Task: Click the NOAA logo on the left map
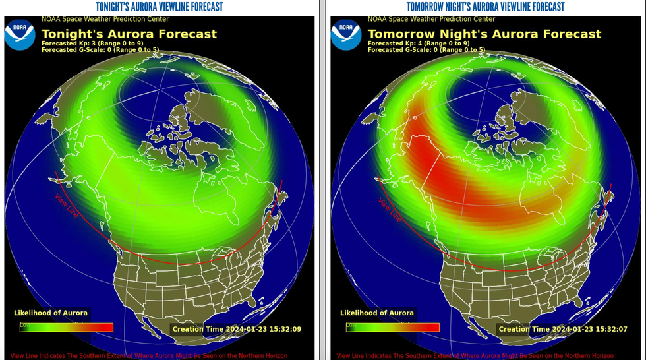tap(20, 34)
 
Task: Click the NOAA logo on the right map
tap(346, 34)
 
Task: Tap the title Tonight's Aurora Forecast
tap(129, 34)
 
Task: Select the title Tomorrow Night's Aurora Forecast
tap(484, 34)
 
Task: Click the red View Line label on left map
tap(66, 205)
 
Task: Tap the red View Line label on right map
tap(390, 208)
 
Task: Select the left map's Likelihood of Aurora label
tap(51, 313)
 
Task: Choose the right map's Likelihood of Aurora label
tap(377, 313)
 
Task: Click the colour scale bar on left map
tap(66, 327)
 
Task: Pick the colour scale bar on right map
tap(392, 327)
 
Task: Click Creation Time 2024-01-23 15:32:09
tap(237, 329)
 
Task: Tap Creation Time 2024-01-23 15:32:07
tap(563, 329)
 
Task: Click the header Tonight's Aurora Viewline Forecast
tap(159, 7)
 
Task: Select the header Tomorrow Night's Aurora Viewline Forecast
tap(485, 7)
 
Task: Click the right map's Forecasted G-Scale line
tap(426, 50)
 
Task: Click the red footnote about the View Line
tap(149, 355)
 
